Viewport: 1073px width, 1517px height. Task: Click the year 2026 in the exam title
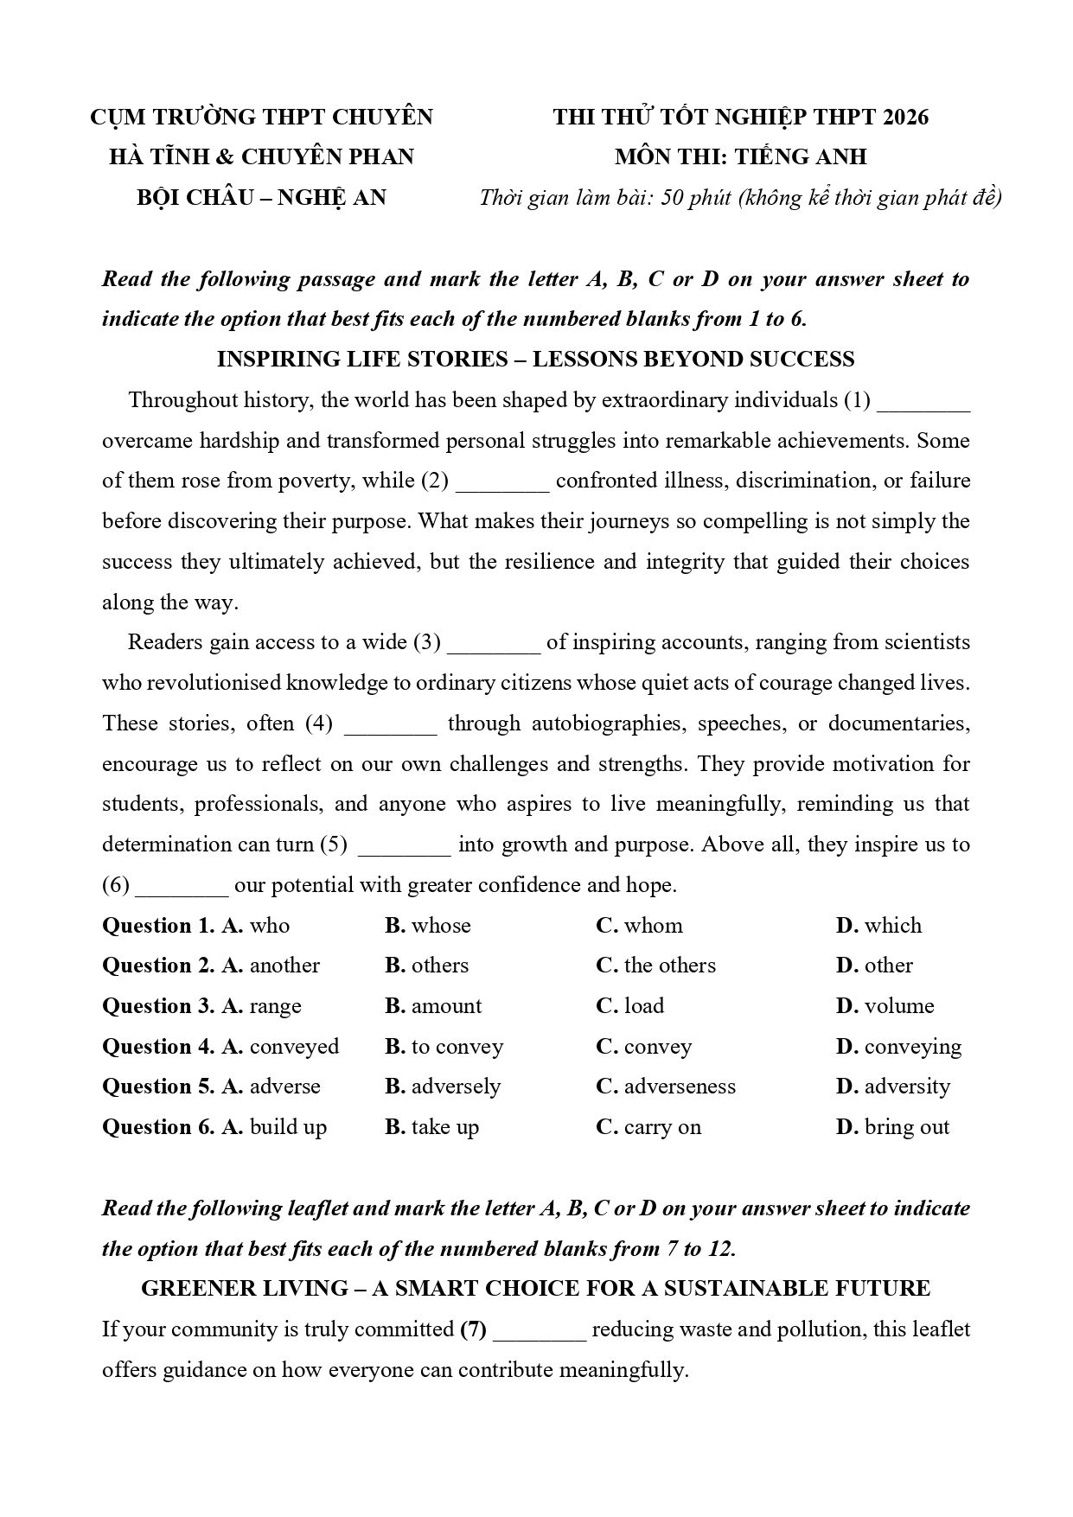point(904,117)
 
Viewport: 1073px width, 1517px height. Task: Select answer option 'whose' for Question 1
point(441,926)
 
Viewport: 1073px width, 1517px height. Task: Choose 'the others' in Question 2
point(669,966)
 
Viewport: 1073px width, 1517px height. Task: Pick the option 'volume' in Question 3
point(899,1006)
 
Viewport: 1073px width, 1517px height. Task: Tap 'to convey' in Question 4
point(457,1047)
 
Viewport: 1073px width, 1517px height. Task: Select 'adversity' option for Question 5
point(907,1087)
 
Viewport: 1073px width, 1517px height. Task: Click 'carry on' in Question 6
point(662,1127)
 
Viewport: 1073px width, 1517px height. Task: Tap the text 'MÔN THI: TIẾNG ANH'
point(740,157)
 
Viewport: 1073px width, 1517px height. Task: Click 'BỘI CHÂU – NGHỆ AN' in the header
point(261,198)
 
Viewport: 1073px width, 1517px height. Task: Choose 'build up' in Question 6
point(288,1127)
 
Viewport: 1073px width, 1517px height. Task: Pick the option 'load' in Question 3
point(643,1006)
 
